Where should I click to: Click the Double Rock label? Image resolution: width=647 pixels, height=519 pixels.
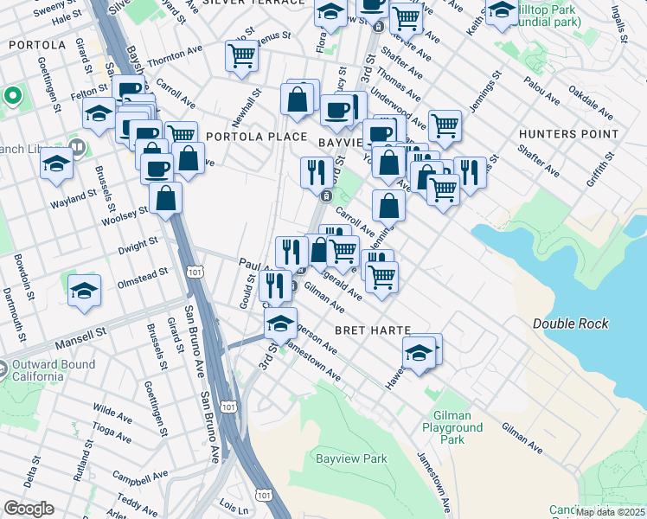[x=570, y=324]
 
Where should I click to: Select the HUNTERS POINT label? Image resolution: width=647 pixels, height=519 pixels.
[x=568, y=134]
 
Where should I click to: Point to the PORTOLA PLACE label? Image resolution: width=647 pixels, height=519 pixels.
[x=255, y=137]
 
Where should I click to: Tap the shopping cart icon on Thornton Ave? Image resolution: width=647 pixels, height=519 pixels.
[x=241, y=55]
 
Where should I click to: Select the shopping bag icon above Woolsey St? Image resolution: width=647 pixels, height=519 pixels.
[x=165, y=197]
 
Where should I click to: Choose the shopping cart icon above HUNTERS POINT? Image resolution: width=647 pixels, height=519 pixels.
[x=445, y=125]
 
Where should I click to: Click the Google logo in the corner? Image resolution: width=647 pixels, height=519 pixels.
[x=29, y=509]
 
